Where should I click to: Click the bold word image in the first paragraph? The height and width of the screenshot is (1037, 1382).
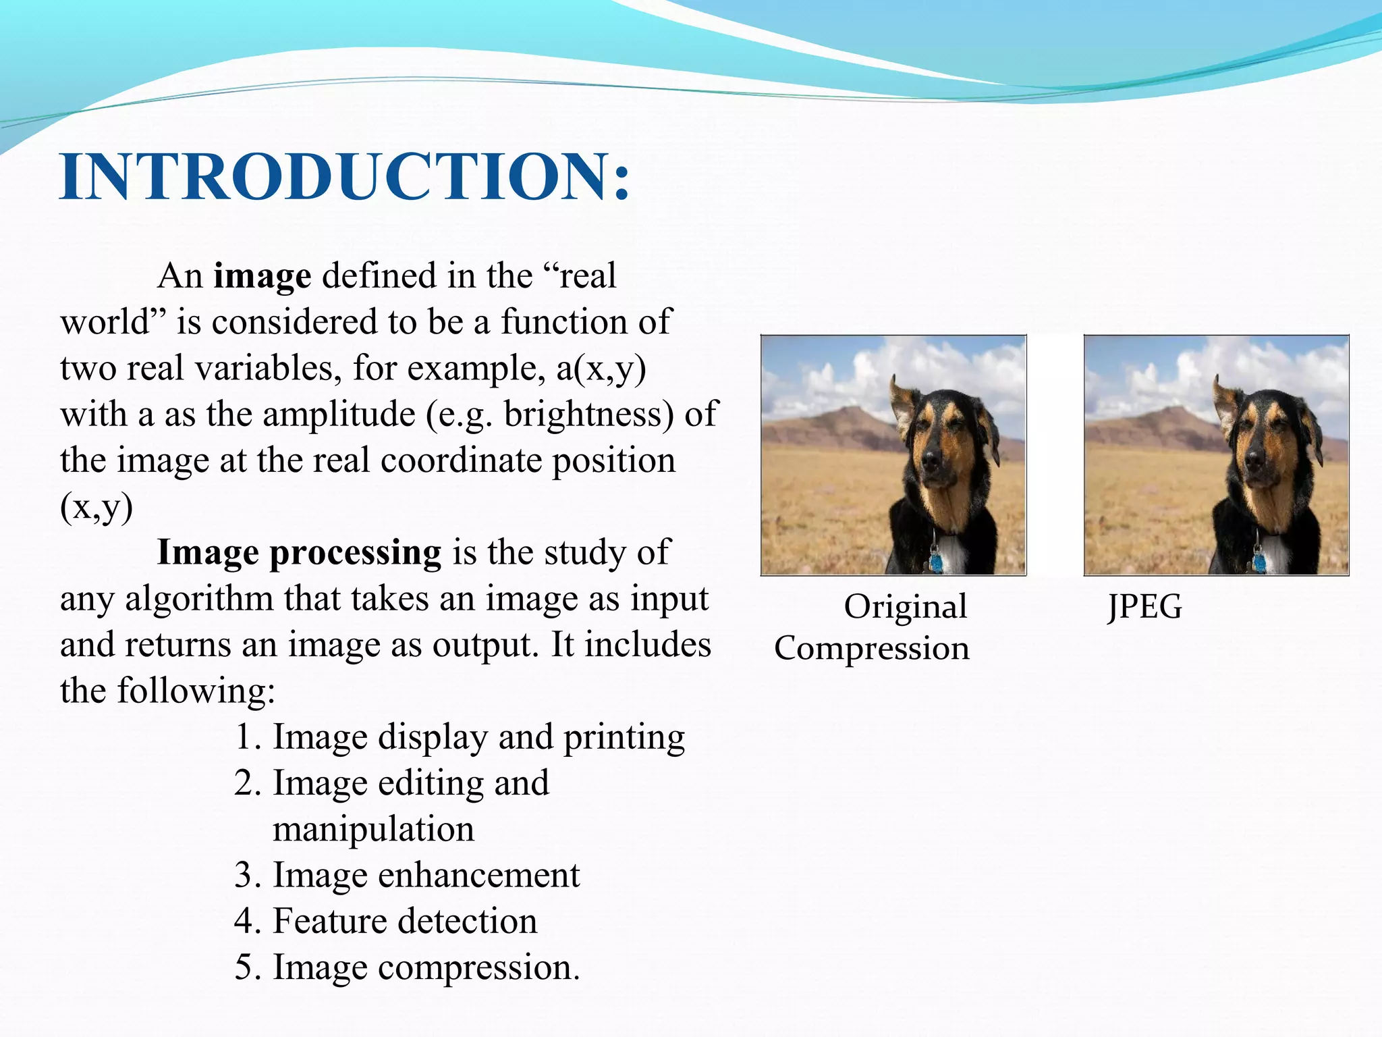[x=262, y=276]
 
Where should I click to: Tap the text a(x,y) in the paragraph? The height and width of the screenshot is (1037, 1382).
[x=601, y=369]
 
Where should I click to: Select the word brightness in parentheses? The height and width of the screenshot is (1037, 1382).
[x=583, y=415]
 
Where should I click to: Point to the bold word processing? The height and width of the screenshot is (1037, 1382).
[x=355, y=552]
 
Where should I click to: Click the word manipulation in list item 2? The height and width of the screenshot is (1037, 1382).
[x=373, y=829]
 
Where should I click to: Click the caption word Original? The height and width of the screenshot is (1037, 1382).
[x=905, y=606]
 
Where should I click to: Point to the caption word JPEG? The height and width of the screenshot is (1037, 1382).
[x=1144, y=606]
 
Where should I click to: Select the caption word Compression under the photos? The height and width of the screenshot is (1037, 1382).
[x=871, y=648]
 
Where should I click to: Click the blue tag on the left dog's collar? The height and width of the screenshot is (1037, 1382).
[x=937, y=562]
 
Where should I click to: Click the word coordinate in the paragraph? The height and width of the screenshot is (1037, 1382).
[x=461, y=460]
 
